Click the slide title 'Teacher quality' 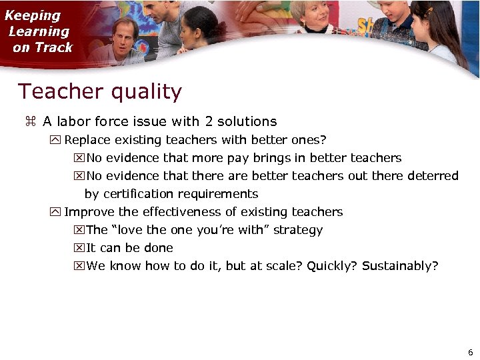(x=99, y=91)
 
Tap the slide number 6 (x=471, y=352)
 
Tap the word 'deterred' (x=435, y=176)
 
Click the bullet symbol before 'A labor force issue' (x=29, y=122)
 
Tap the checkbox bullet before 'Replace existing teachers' (x=55, y=140)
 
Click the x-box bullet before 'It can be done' (x=78, y=248)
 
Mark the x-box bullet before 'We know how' (x=78, y=266)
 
